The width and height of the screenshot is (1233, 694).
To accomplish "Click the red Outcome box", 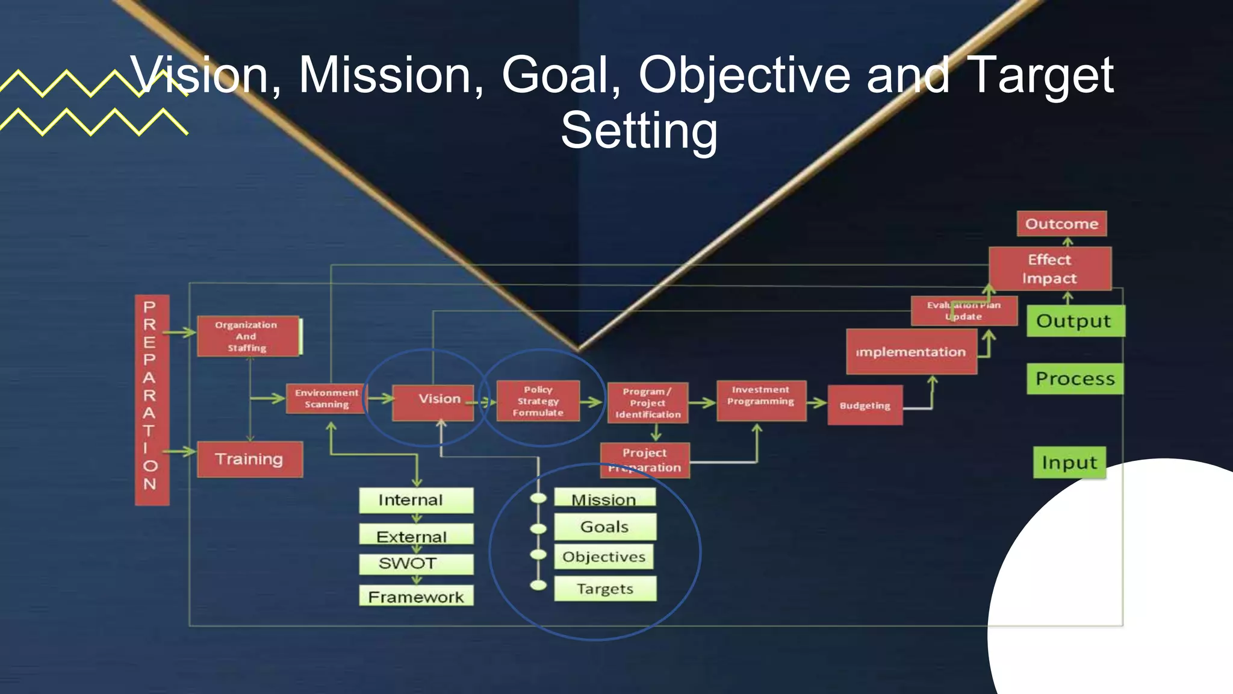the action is tap(1061, 224).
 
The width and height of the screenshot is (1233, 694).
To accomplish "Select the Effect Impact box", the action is tap(1050, 269).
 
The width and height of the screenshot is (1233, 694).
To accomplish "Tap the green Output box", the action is tap(1075, 321).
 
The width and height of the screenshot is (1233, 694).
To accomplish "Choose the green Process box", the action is tap(1075, 379).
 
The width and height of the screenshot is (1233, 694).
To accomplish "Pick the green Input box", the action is tap(1069, 463).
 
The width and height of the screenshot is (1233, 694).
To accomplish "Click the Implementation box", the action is tap(911, 352).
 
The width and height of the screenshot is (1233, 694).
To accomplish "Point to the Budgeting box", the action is tap(865, 405).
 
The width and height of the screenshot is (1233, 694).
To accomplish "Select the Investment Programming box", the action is tap(761, 400).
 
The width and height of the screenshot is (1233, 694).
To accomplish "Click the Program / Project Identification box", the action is tap(647, 402).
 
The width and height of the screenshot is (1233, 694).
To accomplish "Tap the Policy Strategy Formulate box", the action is tap(538, 401).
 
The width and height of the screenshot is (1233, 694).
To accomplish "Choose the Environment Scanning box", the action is tap(326, 398).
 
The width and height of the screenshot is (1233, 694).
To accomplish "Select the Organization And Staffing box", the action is tap(247, 336).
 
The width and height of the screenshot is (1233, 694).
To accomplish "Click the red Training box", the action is tap(249, 459).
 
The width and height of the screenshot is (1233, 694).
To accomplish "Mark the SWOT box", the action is tap(415, 564).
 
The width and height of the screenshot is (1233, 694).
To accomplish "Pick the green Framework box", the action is tap(415, 596).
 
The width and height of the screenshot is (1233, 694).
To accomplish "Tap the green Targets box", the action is tap(604, 589).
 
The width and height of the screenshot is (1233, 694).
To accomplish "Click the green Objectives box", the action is tap(604, 557).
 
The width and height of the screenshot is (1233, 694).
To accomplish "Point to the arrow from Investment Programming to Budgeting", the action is tap(817, 402).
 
